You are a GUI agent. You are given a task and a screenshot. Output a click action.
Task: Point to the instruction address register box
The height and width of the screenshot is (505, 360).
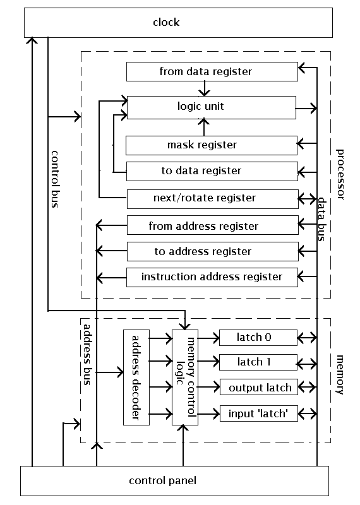[x=212, y=276]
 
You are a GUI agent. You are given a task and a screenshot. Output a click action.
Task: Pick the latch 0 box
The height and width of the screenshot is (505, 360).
[x=258, y=338]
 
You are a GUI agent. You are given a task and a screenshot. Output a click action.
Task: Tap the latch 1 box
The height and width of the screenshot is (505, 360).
[x=258, y=362]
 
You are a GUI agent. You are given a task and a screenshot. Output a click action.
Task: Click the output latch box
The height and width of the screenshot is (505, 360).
[x=258, y=387]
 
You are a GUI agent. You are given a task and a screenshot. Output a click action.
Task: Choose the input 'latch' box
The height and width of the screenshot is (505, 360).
[x=258, y=414]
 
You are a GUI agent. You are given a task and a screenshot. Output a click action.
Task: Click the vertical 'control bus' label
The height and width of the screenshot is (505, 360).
[x=56, y=180]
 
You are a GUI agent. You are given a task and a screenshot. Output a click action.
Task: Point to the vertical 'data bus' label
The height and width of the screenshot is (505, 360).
[x=321, y=218]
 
